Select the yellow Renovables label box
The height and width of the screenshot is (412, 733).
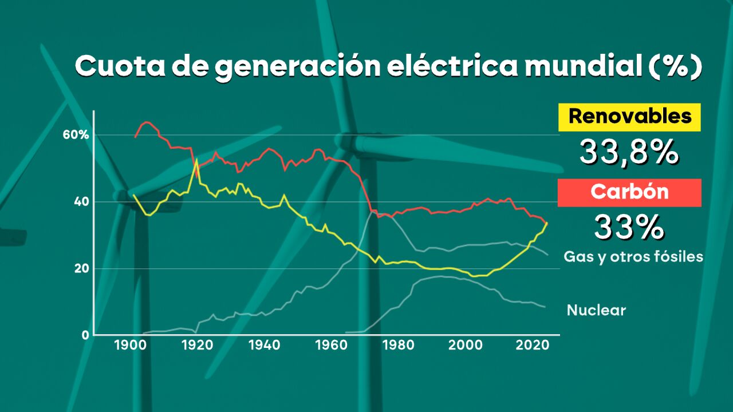(629, 117)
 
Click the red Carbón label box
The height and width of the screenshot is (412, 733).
(629, 192)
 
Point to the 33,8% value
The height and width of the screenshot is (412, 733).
(629, 152)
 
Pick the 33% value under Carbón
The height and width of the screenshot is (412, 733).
(629, 227)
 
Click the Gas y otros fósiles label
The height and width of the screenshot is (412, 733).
(633, 257)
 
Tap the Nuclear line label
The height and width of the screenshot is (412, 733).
(596, 311)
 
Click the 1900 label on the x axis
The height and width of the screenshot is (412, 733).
(129, 346)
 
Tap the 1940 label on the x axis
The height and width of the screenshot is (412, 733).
(264, 346)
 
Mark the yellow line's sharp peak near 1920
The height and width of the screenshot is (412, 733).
(196, 159)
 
